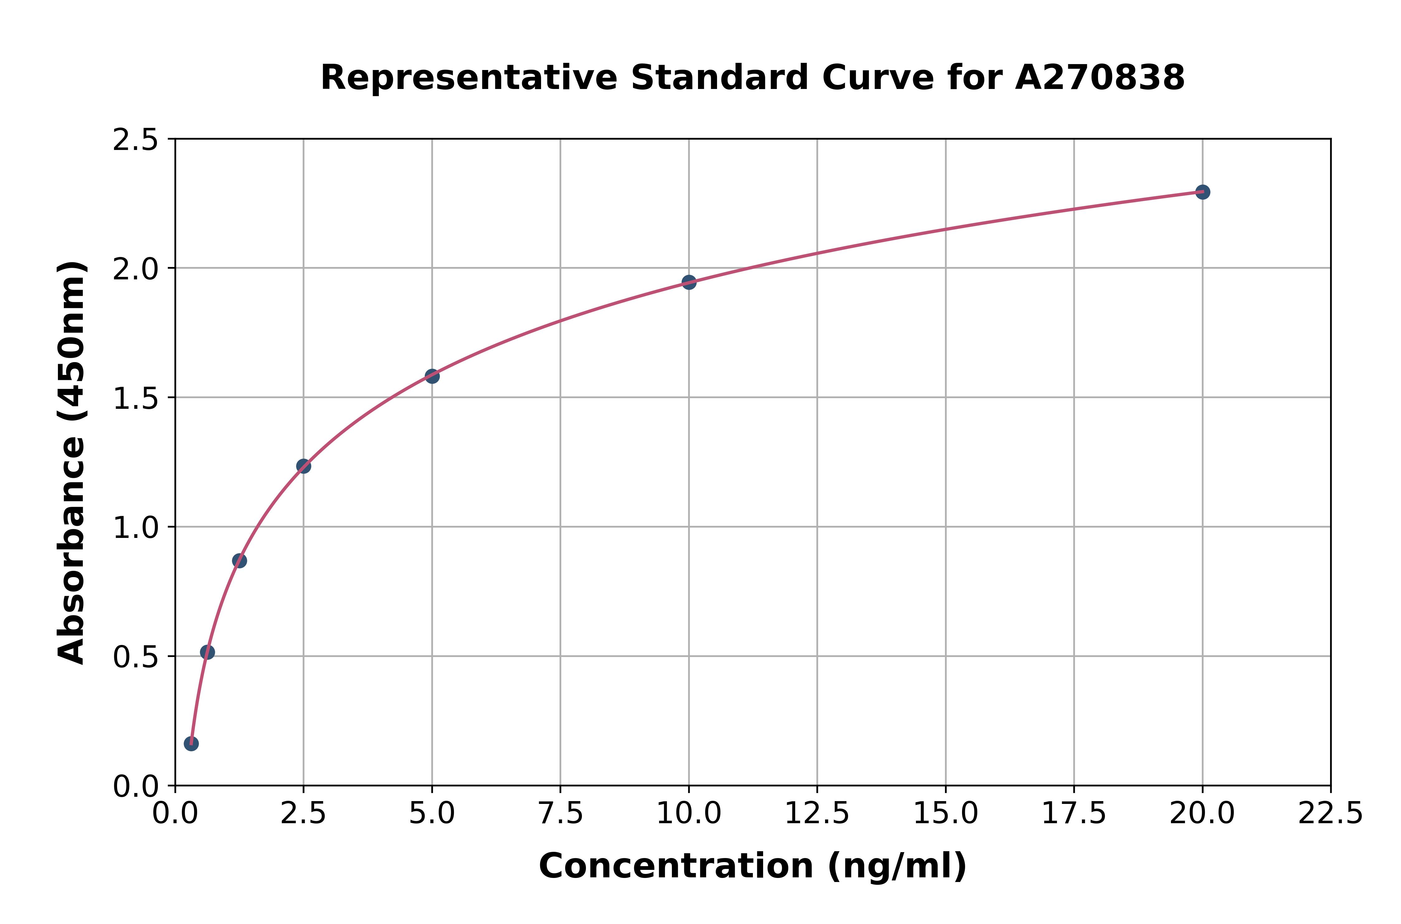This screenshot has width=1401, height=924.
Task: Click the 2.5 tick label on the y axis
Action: coord(136,140)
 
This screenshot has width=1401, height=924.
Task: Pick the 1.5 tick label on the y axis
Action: coord(136,398)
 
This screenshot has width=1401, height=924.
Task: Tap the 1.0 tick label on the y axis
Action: coord(136,527)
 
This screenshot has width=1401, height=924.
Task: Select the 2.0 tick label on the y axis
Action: coord(136,269)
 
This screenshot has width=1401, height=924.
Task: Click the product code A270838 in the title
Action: coord(1099,78)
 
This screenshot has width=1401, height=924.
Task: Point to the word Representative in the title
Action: coord(469,78)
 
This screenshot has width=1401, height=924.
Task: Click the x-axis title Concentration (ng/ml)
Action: coord(752,866)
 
